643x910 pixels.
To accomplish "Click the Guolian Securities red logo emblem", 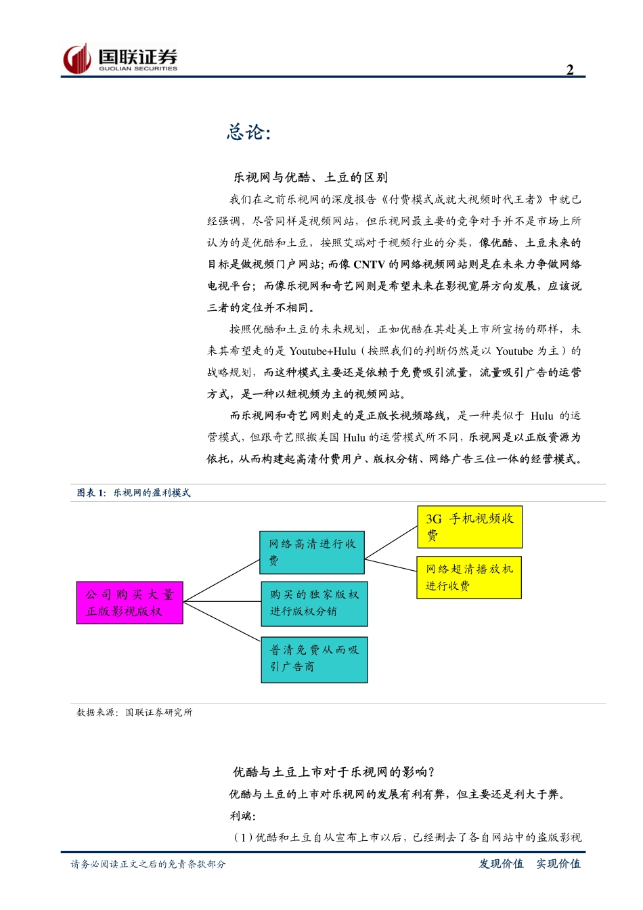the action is coord(77,59).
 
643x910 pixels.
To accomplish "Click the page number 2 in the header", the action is coord(570,70).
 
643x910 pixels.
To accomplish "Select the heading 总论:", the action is coord(248,132).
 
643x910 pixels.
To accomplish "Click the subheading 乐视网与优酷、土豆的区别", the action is coord(311,177).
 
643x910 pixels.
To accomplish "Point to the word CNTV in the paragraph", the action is coord(369,265).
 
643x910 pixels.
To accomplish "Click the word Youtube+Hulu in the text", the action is coord(322,351).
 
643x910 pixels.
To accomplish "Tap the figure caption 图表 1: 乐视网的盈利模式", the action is coord(134,493).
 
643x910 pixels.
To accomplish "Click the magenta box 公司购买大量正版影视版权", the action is coord(129,603).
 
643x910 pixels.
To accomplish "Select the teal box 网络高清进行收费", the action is coord(312,552).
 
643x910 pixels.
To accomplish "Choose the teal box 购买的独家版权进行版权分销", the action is coord(314,603).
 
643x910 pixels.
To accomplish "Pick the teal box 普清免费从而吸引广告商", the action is coord(314,659).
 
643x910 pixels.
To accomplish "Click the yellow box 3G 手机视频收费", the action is coord(470,527).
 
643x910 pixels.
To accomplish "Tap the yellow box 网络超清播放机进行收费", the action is coord(469,578).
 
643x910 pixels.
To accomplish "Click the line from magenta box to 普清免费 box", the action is coord(222,621).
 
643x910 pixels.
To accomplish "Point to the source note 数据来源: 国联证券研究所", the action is coord(135,712).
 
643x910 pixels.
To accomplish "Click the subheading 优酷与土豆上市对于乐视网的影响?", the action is coord(334,772).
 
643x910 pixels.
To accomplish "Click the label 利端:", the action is coord(243,816).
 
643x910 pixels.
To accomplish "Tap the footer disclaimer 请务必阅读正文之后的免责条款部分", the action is coord(148,865).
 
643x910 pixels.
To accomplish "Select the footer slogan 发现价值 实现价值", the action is coord(529,864).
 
